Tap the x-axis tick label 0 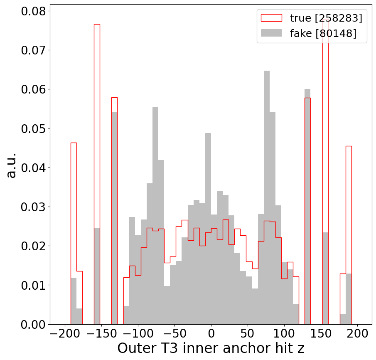(x=211, y=334)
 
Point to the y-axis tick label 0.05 (x=33, y=128)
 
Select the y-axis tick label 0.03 (x=33, y=207)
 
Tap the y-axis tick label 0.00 (x=33, y=324)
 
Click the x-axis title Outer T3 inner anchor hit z (x=211, y=348)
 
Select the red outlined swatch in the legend (x=271, y=18)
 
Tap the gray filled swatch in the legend (x=271, y=33)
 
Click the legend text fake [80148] (x=323, y=33)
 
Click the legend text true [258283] (x=326, y=18)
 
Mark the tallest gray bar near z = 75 (x=267, y=197)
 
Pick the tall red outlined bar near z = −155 (x=97, y=175)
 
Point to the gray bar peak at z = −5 (x=208, y=229)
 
